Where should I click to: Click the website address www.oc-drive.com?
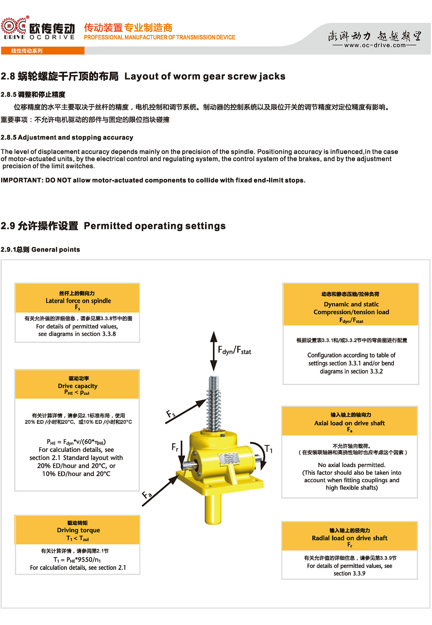[x=375, y=45]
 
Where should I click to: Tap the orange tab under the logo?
[x=43, y=51]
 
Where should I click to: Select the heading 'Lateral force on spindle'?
[x=78, y=301]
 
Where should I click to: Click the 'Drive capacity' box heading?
[x=78, y=386]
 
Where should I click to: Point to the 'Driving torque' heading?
[x=78, y=530]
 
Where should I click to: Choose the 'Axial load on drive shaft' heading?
[x=349, y=423]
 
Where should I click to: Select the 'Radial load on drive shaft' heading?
[x=350, y=538]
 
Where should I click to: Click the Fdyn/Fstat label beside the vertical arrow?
[x=235, y=350]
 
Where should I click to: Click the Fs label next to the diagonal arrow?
[x=171, y=414]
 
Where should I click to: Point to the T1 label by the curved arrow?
[x=269, y=449]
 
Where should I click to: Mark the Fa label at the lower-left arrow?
[x=147, y=495]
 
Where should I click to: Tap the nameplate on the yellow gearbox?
[x=229, y=460]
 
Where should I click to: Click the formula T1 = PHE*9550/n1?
[x=77, y=560]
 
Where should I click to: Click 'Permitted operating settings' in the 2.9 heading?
[x=155, y=226]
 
